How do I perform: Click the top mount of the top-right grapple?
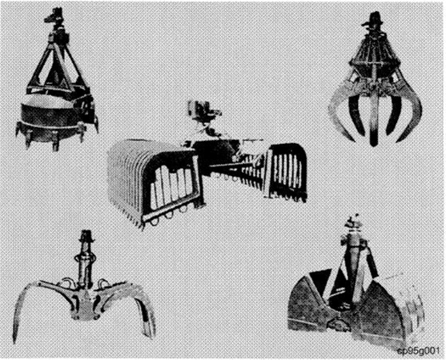click(x=372, y=24)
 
